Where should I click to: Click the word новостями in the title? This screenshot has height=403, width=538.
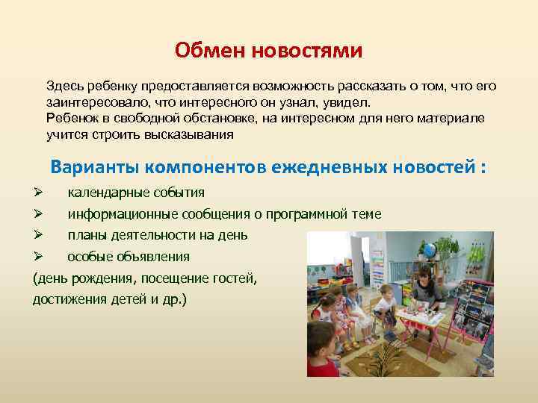tap(306, 51)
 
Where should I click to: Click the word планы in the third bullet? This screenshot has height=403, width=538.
tap(87, 235)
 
